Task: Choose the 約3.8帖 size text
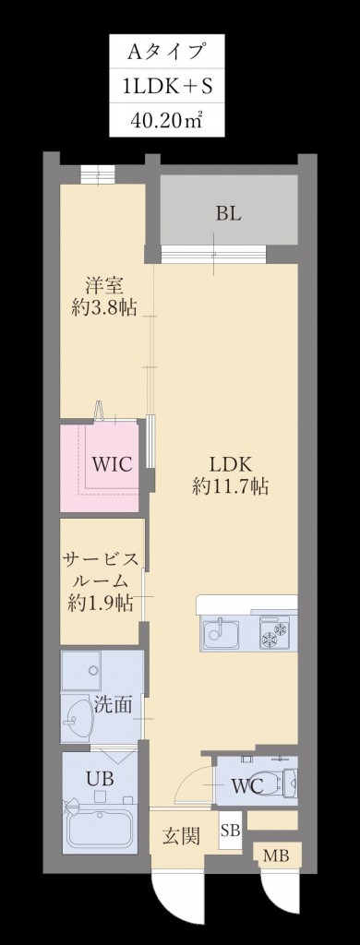coord(103,309)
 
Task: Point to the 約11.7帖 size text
coord(230,487)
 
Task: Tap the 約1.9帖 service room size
coord(100,604)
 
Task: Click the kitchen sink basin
coord(222,634)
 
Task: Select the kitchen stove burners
coord(276,635)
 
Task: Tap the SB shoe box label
coord(230,831)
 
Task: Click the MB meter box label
coord(275,856)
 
